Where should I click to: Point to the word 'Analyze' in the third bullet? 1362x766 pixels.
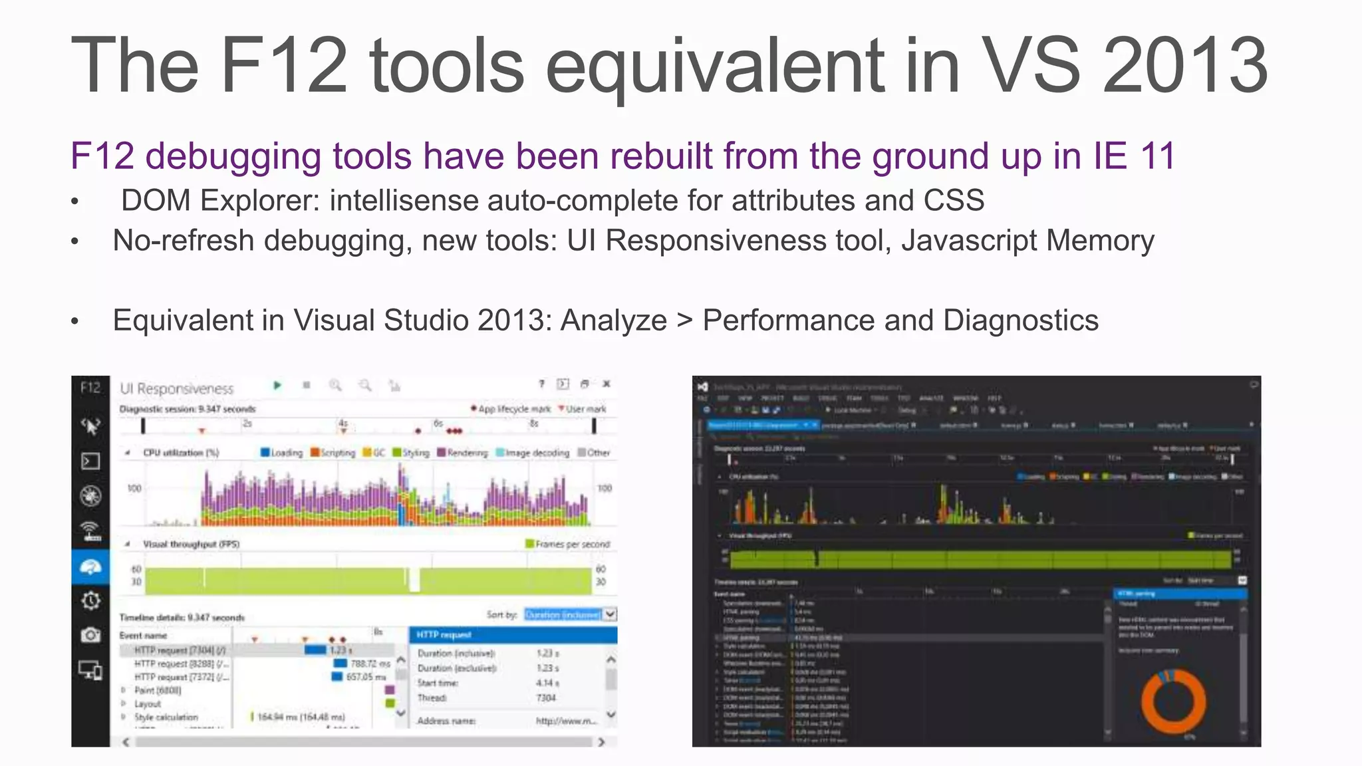pos(613,320)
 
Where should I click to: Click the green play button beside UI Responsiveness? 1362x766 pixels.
pos(277,385)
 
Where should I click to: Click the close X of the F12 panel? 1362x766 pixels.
pos(607,384)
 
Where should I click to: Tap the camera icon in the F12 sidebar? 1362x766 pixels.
pos(90,635)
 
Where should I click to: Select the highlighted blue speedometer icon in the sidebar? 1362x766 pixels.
pos(90,567)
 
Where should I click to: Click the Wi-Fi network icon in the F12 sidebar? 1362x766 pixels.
pos(90,531)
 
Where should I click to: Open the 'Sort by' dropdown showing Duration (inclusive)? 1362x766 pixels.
pos(570,614)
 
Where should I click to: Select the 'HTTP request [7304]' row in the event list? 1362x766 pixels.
pos(180,650)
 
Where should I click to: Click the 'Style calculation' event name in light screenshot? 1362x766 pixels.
pos(166,717)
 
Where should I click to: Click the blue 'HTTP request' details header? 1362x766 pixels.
pos(513,635)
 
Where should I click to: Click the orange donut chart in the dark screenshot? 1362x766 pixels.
pos(1174,702)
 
